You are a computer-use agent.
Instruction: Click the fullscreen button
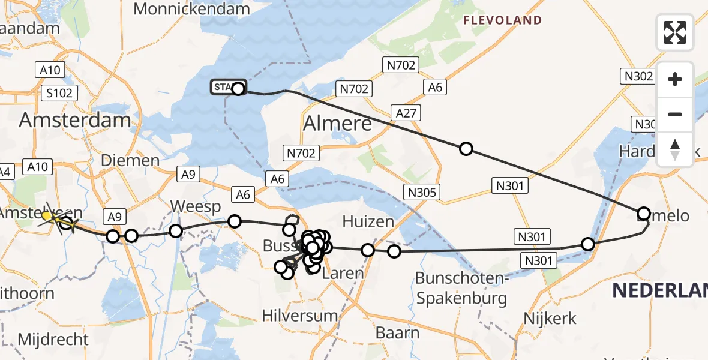tap(675, 32)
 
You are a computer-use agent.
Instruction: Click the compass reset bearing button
tap(675, 149)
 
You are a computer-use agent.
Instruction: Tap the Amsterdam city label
tap(74, 119)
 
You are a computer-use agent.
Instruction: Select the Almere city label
tap(337, 124)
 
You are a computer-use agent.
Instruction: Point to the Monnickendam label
tap(191, 8)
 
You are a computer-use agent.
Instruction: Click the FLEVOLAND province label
tap(502, 20)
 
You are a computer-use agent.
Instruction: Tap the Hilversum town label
tap(301, 316)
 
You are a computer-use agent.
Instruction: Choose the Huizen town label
tap(368, 221)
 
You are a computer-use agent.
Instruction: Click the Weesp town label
tap(195, 206)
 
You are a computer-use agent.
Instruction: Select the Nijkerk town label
tap(550, 318)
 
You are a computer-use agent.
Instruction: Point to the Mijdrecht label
tap(53, 339)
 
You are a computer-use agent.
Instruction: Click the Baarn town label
tap(397, 332)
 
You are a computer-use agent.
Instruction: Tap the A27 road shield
tap(407, 112)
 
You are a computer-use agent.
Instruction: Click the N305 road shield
tap(423, 192)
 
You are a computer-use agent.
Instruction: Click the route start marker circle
tap(238, 89)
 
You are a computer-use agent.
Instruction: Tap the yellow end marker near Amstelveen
tap(47, 215)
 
